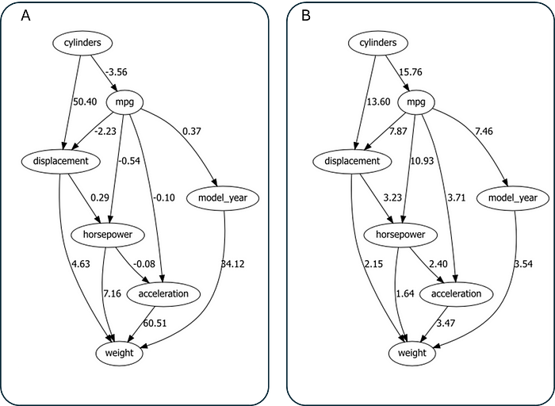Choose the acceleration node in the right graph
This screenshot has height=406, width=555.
pyautogui.click(x=456, y=294)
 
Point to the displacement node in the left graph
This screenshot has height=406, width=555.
pyautogui.click(x=60, y=161)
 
